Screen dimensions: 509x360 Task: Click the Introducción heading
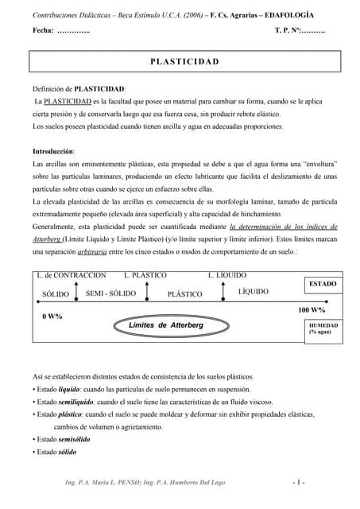coord(53,150)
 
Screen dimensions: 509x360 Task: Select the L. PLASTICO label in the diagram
coord(145,275)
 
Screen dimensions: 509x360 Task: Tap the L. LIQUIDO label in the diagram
coord(227,275)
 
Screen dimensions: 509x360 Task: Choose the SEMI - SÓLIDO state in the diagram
coord(110,293)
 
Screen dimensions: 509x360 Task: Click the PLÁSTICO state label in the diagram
coord(185,294)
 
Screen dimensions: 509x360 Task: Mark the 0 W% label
coord(52,317)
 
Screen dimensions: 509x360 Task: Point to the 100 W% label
coord(312,309)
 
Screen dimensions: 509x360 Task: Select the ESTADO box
coord(323,284)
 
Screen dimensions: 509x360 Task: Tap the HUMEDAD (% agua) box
coord(323,328)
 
